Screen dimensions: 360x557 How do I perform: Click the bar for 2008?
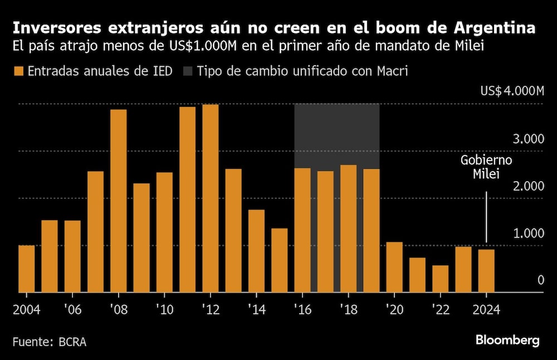[x=118, y=201]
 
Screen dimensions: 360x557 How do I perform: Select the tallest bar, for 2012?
[x=210, y=198]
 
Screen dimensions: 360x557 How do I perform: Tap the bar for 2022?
[x=440, y=279]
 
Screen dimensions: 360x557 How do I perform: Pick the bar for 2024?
[x=486, y=271]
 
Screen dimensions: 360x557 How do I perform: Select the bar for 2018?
[x=348, y=228]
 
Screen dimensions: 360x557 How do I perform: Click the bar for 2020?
[x=394, y=267]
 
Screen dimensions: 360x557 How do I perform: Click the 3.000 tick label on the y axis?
[x=528, y=139]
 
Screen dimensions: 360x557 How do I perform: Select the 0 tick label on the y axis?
[x=540, y=280]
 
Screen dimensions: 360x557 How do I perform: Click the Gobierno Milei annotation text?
[x=486, y=167]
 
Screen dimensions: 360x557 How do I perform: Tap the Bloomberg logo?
[x=507, y=340]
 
